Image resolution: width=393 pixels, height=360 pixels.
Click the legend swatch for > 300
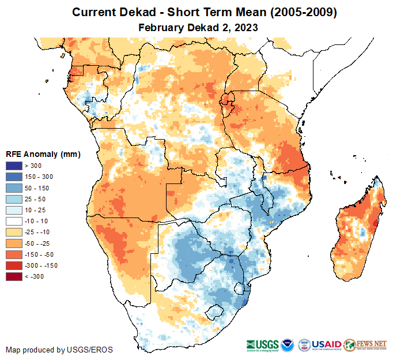coord(13,166)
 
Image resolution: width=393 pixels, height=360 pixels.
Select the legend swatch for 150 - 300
coord(13,177)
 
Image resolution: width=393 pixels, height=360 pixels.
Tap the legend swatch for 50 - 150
coord(13,188)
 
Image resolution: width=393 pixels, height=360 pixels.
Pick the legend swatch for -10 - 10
coord(13,221)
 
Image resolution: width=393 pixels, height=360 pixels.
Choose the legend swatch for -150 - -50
coord(13,254)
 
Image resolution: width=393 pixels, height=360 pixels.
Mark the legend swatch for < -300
coord(13,276)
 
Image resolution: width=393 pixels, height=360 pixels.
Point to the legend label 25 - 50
coord(35,199)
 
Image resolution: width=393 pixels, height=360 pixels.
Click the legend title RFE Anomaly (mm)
coord(43,155)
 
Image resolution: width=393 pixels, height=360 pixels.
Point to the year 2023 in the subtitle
coord(245,27)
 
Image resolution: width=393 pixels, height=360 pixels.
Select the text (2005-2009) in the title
coord(301,12)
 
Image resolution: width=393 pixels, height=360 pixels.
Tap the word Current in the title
coord(94,12)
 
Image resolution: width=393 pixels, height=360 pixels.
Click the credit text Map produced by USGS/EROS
coord(59,350)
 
